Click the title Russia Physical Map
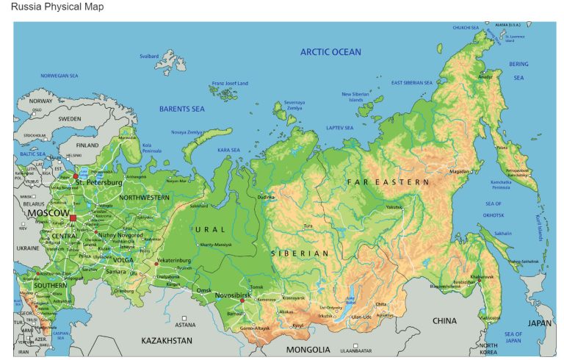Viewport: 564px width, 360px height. point(57,7)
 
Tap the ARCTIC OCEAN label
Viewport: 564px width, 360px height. point(330,52)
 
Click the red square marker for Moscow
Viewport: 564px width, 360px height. point(73,217)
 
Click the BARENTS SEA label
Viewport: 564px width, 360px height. point(181,109)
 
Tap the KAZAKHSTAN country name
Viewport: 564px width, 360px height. point(167,341)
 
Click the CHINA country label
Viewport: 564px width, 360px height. point(444,321)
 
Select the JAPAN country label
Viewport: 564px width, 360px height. point(539,323)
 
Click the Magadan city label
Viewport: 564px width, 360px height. point(459,172)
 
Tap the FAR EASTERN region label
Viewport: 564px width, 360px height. point(388,181)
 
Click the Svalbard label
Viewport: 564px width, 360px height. point(149,56)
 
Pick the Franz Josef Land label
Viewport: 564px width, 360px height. point(230,83)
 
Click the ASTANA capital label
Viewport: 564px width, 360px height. point(185,324)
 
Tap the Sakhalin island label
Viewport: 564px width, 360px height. point(504,234)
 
